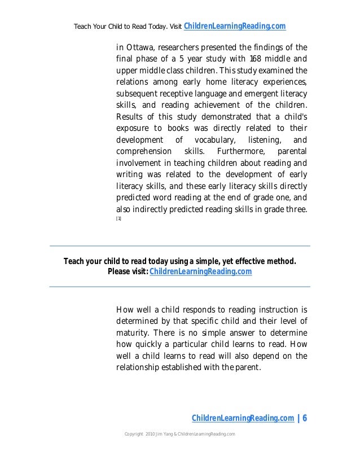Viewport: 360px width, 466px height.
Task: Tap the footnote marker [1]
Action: pyautogui.click(x=118, y=219)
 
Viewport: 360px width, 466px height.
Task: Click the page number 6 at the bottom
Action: pyautogui.click(x=305, y=418)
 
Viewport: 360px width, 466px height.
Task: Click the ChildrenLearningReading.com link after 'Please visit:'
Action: pyautogui.click(x=201, y=272)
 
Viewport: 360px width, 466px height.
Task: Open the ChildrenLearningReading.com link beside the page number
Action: pyautogui.click(x=243, y=418)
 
